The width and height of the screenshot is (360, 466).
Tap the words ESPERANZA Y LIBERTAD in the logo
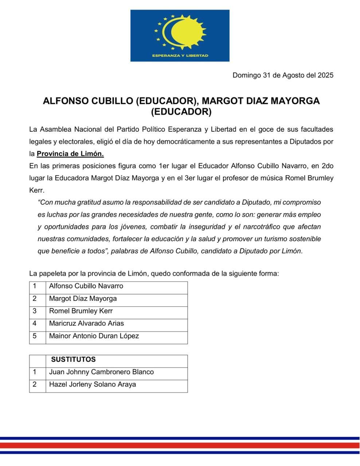click(180, 56)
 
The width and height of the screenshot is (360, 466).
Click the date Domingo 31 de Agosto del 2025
click(283, 75)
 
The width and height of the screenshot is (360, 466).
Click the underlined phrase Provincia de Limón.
click(70, 154)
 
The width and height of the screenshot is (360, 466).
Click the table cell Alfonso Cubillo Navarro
click(86, 286)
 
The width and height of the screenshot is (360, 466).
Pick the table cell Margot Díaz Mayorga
click(83, 299)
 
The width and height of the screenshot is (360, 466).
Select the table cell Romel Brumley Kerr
click(81, 311)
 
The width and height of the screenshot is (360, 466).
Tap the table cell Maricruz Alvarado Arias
click(86, 323)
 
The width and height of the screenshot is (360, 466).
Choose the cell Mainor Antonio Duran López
click(94, 336)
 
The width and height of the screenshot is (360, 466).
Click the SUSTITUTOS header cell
click(73, 359)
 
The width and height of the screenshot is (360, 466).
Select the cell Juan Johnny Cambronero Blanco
click(101, 372)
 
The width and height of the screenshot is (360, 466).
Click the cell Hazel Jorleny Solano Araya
click(93, 384)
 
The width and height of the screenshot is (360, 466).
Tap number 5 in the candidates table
click(35, 336)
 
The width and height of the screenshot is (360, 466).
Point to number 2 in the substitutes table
click(35, 384)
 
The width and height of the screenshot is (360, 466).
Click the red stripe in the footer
click(180, 445)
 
